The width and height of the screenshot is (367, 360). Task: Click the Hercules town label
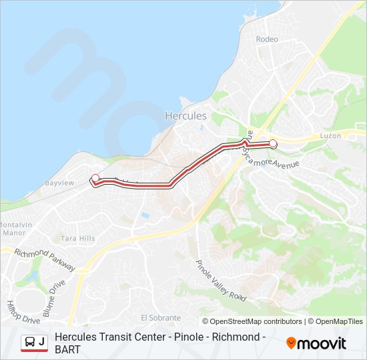(x=186, y=115)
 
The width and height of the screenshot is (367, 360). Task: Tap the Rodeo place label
(x=267, y=39)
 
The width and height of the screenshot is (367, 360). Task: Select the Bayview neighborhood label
(x=59, y=183)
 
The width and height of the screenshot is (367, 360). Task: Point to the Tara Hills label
(x=78, y=238)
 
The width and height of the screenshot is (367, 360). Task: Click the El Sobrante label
(x=161, y=317)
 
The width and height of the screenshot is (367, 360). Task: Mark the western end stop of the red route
(x=95, y=177)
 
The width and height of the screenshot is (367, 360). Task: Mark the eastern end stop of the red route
(x=273, y=143)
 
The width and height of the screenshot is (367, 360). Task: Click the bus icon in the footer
(x=29, y=342)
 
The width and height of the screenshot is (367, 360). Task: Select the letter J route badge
(x=42, y=342)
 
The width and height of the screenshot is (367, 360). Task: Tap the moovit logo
(x=316, y=343)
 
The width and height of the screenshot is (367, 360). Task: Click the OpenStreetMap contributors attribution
(x=253, y=321)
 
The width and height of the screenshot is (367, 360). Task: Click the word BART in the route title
(x=67, y=349)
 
